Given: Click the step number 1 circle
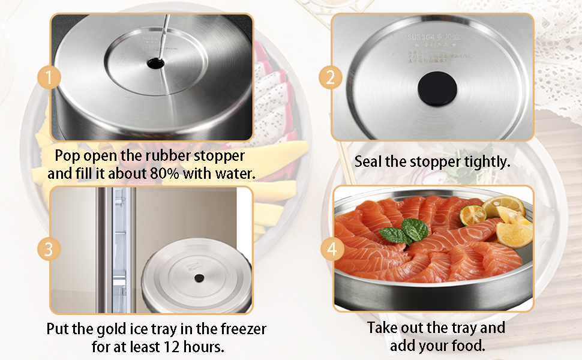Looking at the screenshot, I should coord(49,77).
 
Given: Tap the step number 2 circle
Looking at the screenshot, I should coord(330,77).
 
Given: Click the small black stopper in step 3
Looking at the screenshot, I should coord(198,278).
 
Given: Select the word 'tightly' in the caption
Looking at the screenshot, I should coord(485,161).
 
